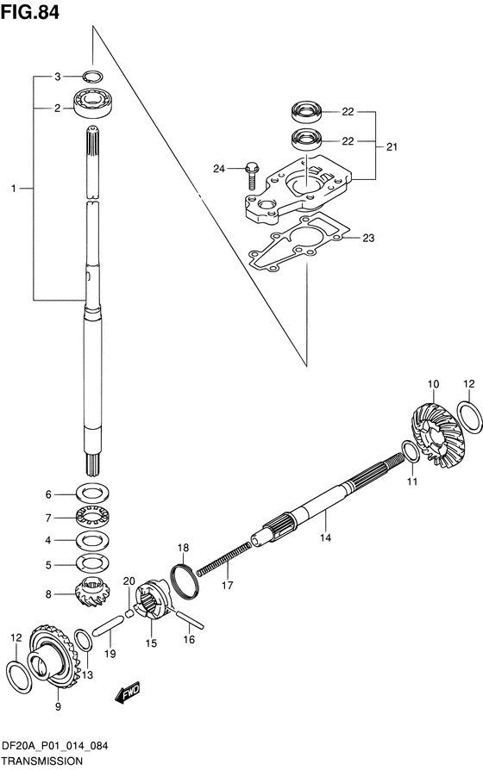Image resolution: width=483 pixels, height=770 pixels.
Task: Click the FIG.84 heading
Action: (30, 12)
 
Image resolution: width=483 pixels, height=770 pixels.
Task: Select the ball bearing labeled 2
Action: (92, 102)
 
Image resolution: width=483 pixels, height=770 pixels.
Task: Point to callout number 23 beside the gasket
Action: (368, 239)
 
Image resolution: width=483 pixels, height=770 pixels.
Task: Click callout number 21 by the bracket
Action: (392, 146)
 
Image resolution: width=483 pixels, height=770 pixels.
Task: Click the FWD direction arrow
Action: (128, 692)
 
